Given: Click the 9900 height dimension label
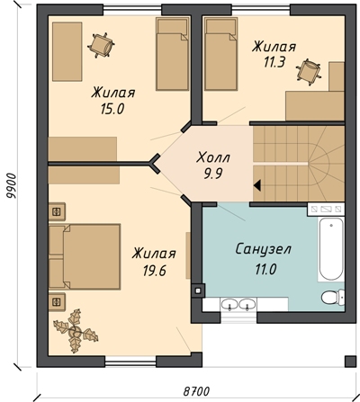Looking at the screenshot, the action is point(13,186).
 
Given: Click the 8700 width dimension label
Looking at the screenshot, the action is point(196,391).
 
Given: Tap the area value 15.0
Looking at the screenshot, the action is point(112,110).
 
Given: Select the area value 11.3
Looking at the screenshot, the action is point(274,63).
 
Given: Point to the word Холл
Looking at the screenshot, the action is point(213,157).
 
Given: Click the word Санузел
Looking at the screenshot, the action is point(263,249).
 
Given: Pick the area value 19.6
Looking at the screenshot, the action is point(154,271).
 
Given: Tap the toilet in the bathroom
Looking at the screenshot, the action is point(333,297).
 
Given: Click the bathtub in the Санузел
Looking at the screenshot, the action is point(331,248).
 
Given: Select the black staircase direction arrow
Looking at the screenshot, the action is point(257,185).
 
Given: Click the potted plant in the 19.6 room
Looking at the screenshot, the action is point(76,331).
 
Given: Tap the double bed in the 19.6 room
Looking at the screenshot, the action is point(85,256).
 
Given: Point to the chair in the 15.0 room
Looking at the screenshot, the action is point(101,45).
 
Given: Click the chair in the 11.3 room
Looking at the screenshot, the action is point(309,72).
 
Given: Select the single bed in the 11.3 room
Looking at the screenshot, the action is point(221,54).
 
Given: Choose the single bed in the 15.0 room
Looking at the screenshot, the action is point(173,54).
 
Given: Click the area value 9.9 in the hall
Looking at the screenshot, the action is point(213,174).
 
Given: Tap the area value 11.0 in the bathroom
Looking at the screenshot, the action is point(265,270).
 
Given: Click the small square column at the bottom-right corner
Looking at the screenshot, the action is point(350,362).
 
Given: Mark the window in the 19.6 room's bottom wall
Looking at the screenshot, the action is point(130,362).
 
